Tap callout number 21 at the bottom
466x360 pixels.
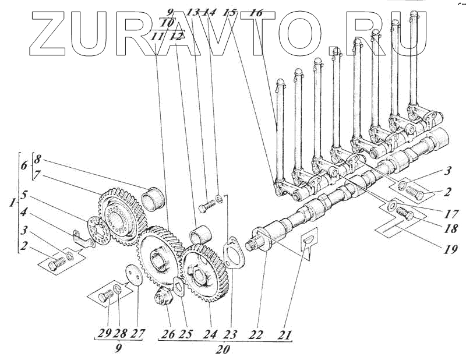(x=284, y=336)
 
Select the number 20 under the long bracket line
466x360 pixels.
(x=223, y=350)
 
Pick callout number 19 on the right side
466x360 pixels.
(x=449, y=249)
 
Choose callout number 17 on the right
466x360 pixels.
(x=449, y=213)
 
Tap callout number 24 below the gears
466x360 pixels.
(x=209, y=336)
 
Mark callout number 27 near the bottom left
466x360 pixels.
(x=137, y=336)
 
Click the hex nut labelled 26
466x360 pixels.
(x=160, y=298)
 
